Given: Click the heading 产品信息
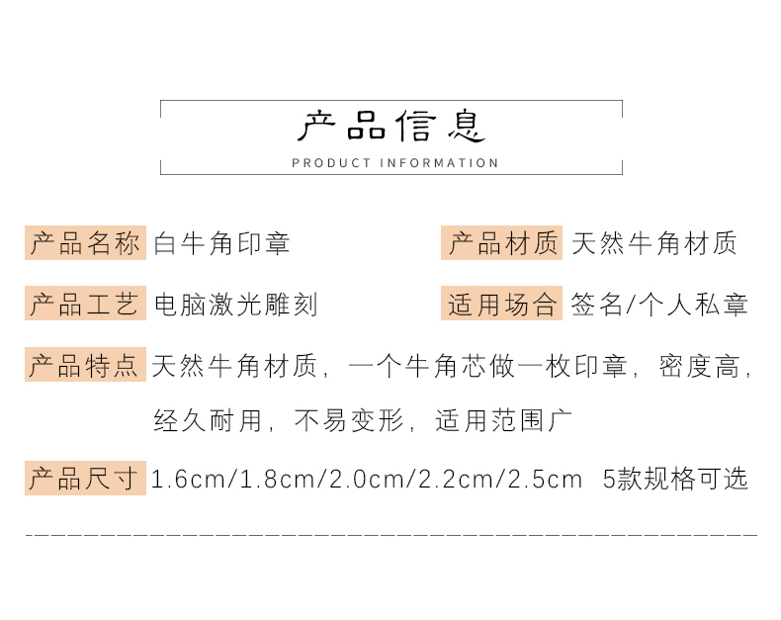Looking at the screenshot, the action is [x=391, y=126].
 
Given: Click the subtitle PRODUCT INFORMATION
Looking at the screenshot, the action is [x=395, y=163].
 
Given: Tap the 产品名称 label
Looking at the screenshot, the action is [x=85, y=242].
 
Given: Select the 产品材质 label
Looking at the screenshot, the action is [x=501, y=242].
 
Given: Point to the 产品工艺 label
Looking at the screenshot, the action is [x=85, y=303].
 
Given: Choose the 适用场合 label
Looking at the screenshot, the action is [x=501, y=303].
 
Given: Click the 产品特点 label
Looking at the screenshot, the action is [x=85, y=364].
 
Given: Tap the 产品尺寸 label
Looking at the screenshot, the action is [x=85, y=478].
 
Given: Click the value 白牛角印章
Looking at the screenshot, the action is [x=221, y=243].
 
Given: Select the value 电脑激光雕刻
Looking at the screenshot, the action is [x=235, y=304].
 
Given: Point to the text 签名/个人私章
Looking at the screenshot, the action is [x=659, y=304].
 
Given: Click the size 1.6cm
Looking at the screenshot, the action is [x=188, y=479].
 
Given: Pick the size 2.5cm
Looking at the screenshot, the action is [x=546, y=479].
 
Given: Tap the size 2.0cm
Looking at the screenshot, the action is [x=367, y=479].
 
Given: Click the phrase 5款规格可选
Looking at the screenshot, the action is [x=675, y=479].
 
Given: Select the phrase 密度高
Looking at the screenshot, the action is [x=699, y=366].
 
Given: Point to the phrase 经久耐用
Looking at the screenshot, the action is [x=208, y=420].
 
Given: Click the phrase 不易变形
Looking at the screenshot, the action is [x=349, y=420].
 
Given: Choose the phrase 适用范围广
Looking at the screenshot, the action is [x=503, y=420].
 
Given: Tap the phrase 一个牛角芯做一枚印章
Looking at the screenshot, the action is [x=488, y=366].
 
